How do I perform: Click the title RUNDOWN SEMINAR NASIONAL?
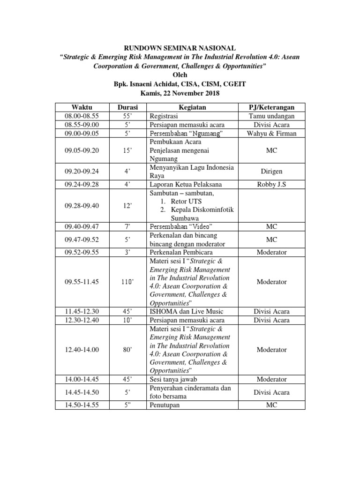point(180,47)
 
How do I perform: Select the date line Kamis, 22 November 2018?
point(180,93)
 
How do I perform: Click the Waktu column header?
point(82,107)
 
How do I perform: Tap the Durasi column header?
point(127,107)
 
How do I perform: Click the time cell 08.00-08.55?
point(82,115)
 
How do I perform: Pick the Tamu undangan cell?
point(271,115)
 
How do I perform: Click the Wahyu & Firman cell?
point(271,133)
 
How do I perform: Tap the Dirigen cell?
point(271,172)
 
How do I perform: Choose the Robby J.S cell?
point(271,185)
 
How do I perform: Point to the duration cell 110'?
point(127,282)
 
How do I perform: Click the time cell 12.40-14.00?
point(82,350)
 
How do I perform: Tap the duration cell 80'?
point(127,350)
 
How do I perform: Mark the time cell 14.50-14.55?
point(82,405)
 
